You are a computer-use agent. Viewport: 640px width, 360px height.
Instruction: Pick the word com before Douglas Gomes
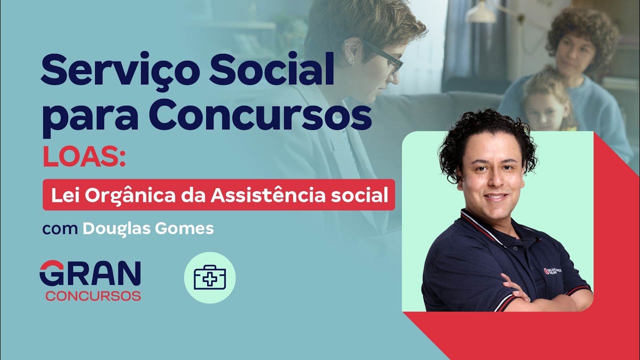(60, 229)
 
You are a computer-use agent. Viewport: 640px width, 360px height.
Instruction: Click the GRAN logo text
(90, 273)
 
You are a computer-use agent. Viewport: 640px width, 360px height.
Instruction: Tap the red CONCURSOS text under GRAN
(93, 295)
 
